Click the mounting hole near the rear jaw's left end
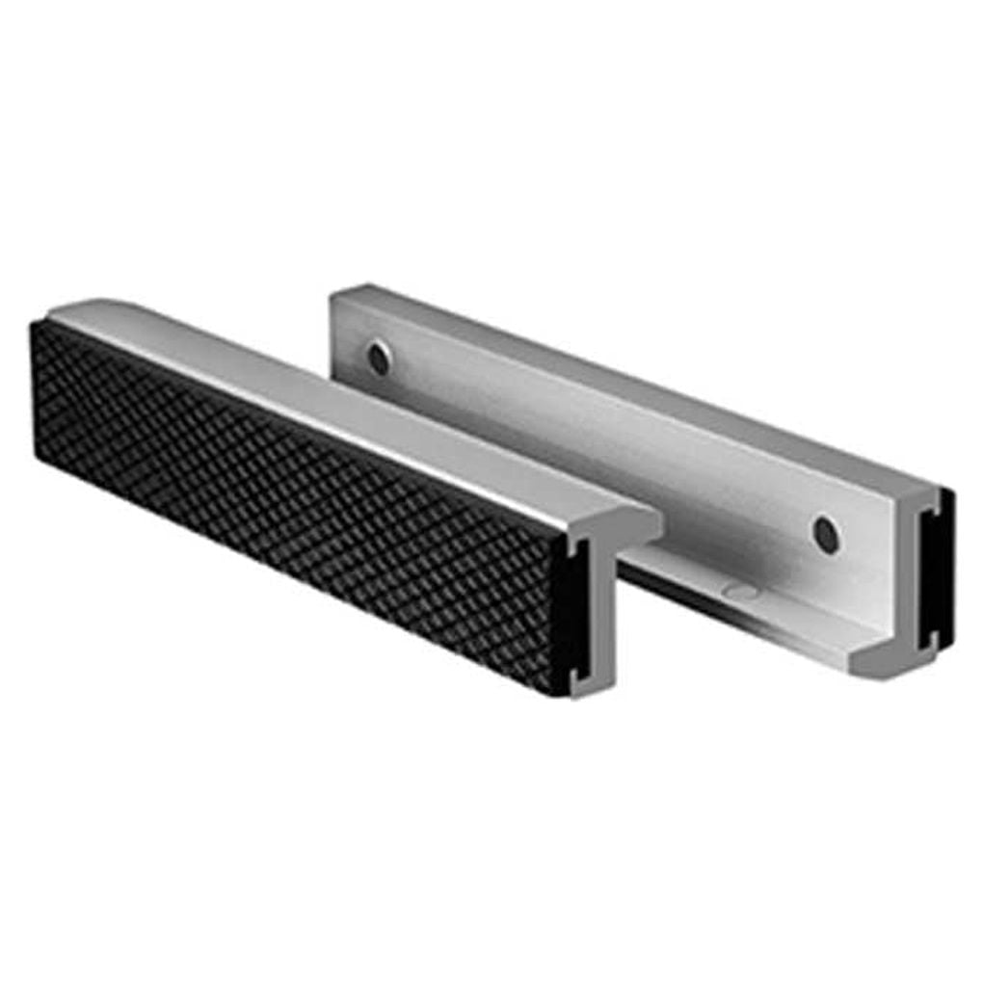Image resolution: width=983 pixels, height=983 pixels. tap(380, 359)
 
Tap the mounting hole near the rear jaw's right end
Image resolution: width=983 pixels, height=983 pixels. tap(826, 533)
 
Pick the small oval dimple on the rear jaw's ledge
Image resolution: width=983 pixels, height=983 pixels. tap(739, 591)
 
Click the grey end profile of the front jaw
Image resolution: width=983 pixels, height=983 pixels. tap(598, 617)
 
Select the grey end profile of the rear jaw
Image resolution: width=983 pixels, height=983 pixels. tap(916, 578)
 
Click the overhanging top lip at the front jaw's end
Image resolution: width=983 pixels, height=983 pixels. tap(636, 525)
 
